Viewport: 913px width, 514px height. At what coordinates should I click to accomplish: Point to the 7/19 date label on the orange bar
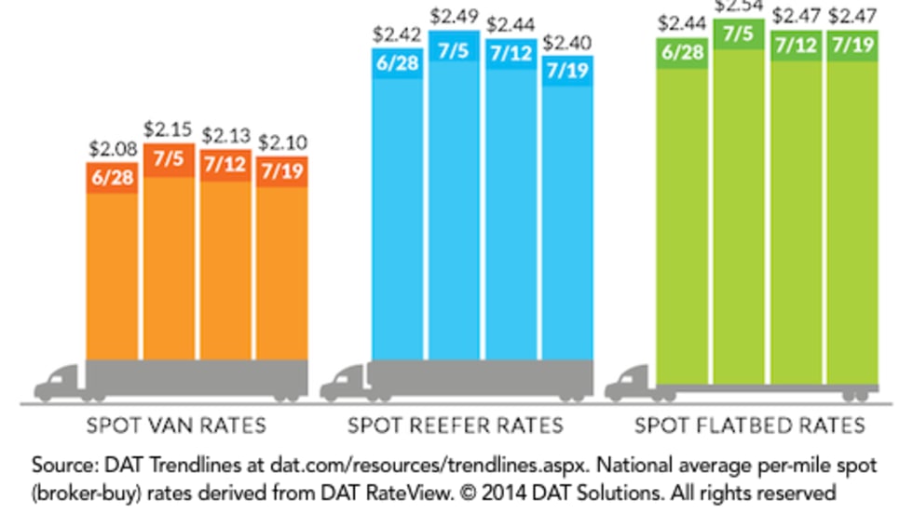[281, 173]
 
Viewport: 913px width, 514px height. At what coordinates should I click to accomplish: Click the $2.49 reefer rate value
[454, 15]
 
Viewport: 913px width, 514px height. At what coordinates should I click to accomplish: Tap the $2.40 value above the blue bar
[566, 42]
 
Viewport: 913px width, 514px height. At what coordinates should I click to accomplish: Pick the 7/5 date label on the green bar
[739, 34]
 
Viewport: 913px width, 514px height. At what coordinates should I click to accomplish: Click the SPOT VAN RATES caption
[176, 426]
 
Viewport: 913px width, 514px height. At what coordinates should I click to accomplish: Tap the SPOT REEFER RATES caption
[456, 426]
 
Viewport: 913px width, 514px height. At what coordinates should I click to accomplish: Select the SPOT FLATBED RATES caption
[749, 426]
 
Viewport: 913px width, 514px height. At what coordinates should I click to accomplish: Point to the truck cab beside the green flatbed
[629, 382]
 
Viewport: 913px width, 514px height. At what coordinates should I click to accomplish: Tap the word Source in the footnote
[62, 465]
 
